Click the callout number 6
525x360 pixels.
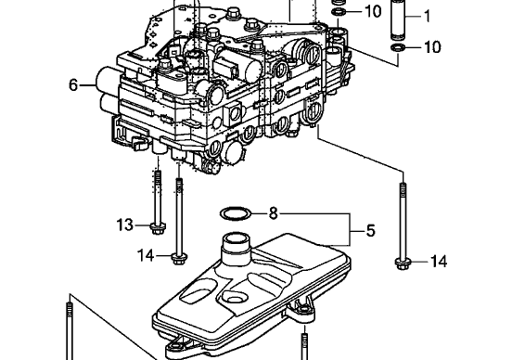click(73, 85)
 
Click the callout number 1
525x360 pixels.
click(427, 16)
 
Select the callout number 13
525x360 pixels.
click(125, 225)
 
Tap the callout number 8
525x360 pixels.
click(274, 213)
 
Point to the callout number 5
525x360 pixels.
click(370, 231)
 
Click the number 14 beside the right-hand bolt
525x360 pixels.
click(439, 261)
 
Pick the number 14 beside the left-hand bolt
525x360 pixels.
click(146, 256)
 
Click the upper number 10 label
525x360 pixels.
click(373, 11)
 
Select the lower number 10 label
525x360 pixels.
click(432, 47)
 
